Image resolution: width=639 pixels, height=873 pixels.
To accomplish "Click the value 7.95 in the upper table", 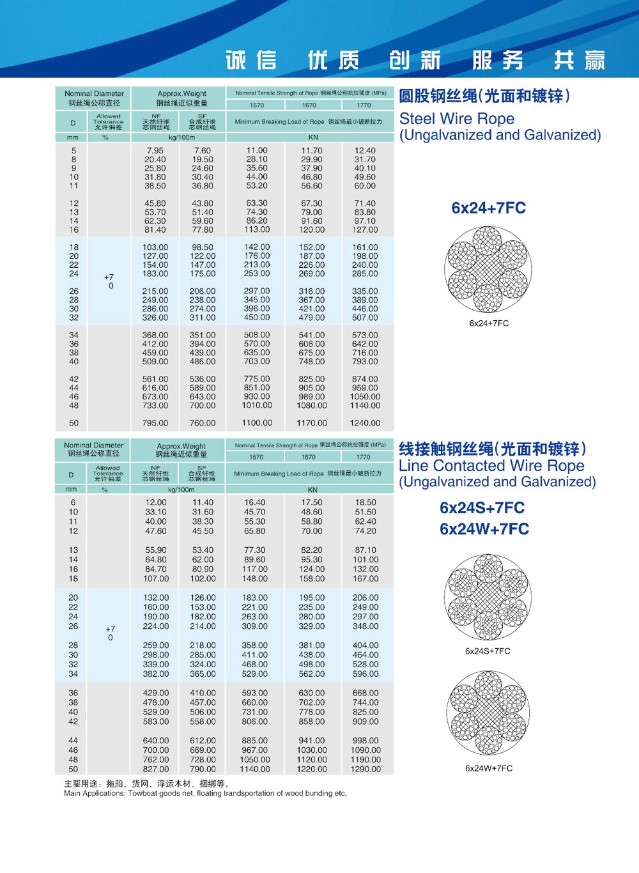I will point(155,151).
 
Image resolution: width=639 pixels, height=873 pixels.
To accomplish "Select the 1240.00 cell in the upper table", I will point(365,423).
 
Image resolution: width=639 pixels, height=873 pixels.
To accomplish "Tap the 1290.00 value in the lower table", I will point(366,769).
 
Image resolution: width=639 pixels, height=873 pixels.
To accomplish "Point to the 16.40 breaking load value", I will point(254,503).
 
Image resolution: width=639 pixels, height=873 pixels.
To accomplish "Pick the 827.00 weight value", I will point(156,769).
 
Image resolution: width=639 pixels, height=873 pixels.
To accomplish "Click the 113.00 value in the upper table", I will point(257,229).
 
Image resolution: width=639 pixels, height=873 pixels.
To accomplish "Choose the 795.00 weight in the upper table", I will point(155,423).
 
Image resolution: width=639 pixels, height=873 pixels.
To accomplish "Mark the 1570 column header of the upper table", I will point(257,105).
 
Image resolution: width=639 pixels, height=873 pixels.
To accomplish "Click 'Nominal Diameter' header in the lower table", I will point(94,445).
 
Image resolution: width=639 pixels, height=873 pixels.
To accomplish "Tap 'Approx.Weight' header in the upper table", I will point(182,93).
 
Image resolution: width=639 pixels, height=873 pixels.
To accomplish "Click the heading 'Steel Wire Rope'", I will point(457,119).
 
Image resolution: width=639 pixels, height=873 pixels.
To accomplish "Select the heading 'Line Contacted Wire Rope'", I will point(491,466).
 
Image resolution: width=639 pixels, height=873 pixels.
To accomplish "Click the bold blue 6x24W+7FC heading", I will point(484,529).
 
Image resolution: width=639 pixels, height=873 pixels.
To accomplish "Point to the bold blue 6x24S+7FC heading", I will point(482,508).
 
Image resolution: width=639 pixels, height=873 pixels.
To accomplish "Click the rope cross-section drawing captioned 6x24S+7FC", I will point(488,598).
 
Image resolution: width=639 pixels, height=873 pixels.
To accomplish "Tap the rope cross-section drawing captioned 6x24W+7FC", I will point(488,714).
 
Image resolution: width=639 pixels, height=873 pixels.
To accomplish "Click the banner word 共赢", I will point(579,60).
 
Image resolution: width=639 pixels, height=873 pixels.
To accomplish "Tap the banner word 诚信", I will point(251,60).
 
